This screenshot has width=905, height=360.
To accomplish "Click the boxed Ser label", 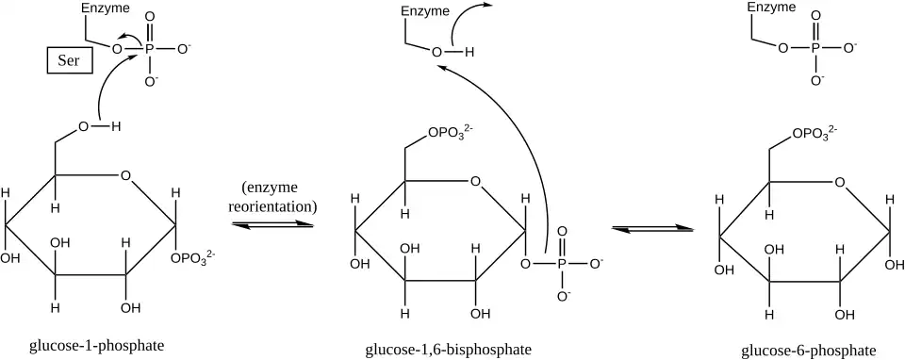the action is coord(69,61).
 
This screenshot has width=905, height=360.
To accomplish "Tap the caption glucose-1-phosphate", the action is coord(97,346).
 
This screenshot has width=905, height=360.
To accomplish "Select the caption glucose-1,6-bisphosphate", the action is coord(449,350).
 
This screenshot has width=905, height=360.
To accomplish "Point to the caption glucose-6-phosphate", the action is coord(809,351).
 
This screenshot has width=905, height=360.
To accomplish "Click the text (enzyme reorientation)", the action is coord(272,197).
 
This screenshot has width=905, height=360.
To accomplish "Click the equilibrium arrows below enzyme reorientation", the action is coord(272,224).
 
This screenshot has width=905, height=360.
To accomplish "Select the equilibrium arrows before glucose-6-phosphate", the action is coord(652,228).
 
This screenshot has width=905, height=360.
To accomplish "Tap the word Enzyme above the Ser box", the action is coord(106,8).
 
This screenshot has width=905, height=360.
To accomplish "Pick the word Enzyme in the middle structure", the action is coord(425,11).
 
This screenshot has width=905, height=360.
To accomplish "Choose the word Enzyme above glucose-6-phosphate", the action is coord(772,8).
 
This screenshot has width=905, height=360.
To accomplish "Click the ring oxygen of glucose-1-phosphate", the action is coord(125,174).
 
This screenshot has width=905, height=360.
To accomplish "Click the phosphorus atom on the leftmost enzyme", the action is coord(150,49).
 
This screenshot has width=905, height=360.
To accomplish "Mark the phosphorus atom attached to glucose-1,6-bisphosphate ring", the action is coord(563,264).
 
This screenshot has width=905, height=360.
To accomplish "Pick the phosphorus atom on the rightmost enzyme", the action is coord(815,48).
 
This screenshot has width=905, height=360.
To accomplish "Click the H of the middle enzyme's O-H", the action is coord(469,53).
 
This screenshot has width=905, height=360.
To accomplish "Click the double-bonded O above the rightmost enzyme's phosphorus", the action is coord(815,16).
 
